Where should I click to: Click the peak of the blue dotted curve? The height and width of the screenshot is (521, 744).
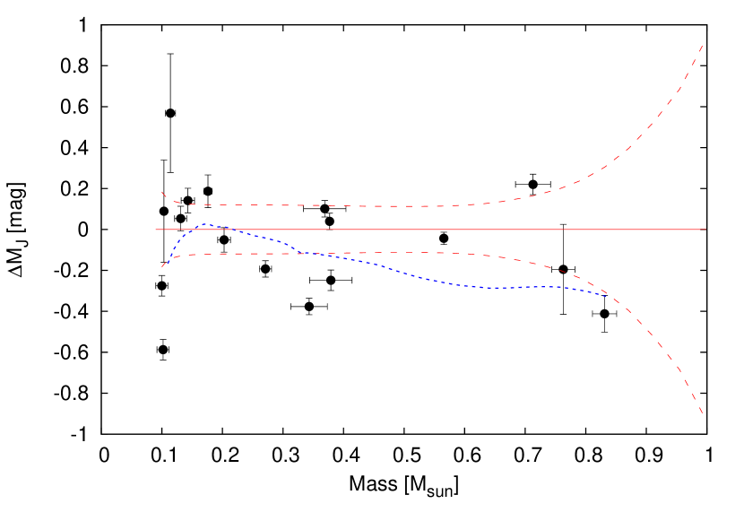pyautogui.click(x=204, y=224)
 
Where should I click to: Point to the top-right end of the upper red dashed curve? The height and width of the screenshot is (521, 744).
pyautogui.click(x=702, y=45)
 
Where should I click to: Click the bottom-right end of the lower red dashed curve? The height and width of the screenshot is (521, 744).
pyautogui.click(x=702, y=413)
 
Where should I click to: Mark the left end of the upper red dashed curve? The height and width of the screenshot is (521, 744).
pyautogui.click(x=161, y=191)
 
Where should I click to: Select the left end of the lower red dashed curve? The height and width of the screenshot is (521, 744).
pyautogui.click(x=161, y=267)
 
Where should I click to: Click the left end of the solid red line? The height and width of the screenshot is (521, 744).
pyautogui.click(x=155, y=230)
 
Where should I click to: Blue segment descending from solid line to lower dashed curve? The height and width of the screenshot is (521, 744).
pyautogui.click(x=269, y=239)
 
